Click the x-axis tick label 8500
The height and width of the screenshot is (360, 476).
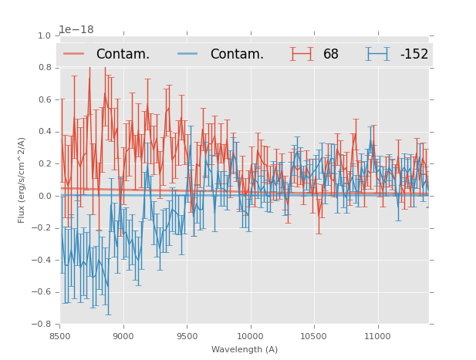click(x=60, y=335)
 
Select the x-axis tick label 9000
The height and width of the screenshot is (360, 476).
click(x=123, y=335)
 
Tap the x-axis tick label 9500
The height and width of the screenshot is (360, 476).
click(x=187, y=335)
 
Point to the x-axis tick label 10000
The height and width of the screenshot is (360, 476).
click(x=251, y=335)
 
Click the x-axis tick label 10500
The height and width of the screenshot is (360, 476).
click(x=314, y=335)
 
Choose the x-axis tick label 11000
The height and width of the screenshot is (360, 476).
click(x=377, y=335)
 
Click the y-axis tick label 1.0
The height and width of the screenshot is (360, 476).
click(x=44, y=35)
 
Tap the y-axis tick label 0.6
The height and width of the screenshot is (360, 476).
click(x=44, y=99)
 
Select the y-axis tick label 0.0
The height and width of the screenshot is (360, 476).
click(x=44, y=196)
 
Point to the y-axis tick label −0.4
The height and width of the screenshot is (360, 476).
click(x=42, y=260)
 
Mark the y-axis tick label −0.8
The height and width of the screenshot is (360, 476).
click(x=42, y=324)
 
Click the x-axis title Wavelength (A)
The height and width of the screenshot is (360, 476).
click(x=245, y=349)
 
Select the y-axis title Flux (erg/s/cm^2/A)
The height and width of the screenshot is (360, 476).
click(x=22, y=180)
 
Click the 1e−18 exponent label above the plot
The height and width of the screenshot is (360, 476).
click(x=76, y=29)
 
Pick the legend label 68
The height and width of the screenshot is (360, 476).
click(x=331, y=55)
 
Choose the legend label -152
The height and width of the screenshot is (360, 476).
click(x=414, y=55)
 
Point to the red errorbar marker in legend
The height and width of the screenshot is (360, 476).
click(x=302, y=54)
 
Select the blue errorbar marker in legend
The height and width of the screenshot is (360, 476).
click(x=377, y=54)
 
